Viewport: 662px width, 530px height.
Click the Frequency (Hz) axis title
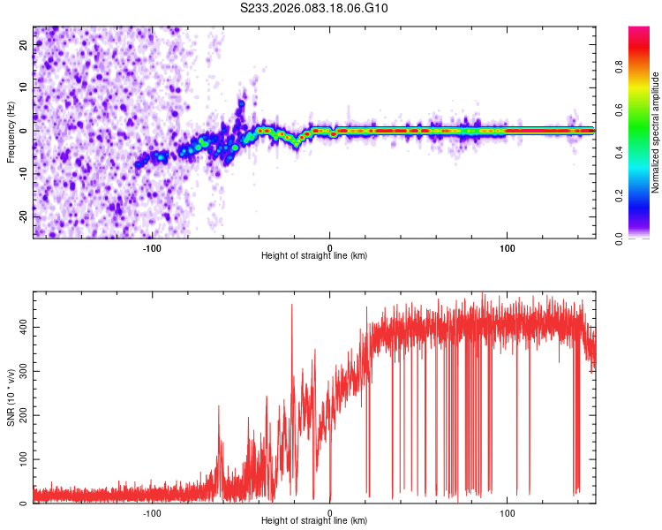(x=11, y=131)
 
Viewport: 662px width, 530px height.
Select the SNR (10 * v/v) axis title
(x=11, y=398)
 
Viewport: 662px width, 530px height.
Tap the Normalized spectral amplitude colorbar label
(x=656, y=132)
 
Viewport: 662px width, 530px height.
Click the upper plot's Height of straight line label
(x=314, y=255)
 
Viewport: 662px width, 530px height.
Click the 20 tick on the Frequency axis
(x=24, y=46)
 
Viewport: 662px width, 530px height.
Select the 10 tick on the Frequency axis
(x=24, y=88)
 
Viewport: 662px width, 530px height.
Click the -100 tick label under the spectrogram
(x=152, y=246)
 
